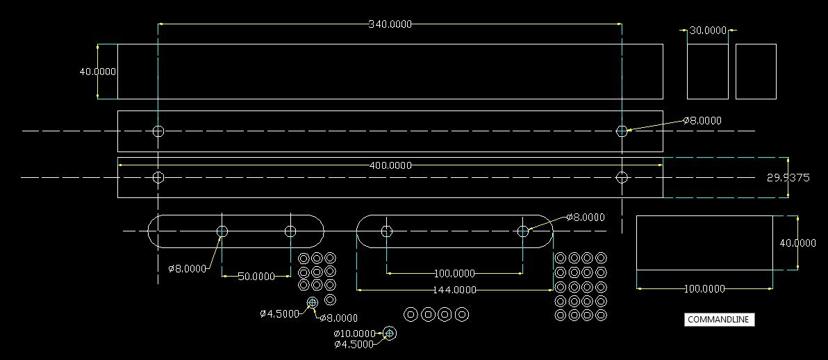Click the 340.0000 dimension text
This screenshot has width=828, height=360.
point(390,24)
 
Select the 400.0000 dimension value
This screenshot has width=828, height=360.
point(390,165)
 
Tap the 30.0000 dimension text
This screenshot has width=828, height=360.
point(708,31)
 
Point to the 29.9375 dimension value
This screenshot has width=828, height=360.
point(788,178)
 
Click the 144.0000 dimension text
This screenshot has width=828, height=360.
point(455,290)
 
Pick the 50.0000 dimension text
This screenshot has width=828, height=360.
point(256,277)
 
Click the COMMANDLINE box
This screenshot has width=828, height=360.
point(719,320)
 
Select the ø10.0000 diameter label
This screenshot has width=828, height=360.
point(355,334)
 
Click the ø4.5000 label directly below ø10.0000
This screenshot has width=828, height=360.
point(354,344)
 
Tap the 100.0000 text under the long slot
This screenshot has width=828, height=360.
point(455,274)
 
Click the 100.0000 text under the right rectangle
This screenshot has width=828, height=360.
point(704,289)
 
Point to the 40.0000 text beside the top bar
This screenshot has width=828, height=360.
point(97,72)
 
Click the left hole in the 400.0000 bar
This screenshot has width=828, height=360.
point(158,177)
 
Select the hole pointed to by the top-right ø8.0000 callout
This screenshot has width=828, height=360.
point(622,131)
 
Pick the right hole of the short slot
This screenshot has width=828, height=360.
point(290,231)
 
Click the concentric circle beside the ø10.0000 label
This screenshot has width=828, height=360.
point(390,334)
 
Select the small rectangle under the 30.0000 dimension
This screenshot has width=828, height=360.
point(707,72)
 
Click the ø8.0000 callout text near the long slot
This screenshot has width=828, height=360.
point(585,218)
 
